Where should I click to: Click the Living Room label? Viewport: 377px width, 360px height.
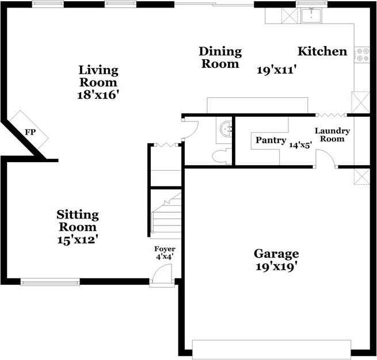[98, 76]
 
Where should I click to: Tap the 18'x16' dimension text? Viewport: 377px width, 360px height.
[98, 95]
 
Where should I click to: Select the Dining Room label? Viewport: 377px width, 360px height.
[220, 58]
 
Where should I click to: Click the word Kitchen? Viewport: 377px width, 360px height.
[322, 52]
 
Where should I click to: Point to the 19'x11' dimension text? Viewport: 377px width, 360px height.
[276, 70]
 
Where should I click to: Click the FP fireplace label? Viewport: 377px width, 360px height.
[30, 133]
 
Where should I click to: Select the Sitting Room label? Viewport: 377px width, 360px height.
[78, 221]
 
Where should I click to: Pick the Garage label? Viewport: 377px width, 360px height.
[276, 254]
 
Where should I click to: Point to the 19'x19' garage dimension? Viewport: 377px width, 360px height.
[276, 267]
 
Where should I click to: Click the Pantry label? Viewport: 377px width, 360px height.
[271, 140]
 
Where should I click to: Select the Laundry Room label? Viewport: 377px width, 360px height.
[332, 135]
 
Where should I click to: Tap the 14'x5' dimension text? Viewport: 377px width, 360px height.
[300, 146]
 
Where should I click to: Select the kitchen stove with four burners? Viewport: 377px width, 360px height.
[363, 55]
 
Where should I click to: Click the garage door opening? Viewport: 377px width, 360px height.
[271, 348]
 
